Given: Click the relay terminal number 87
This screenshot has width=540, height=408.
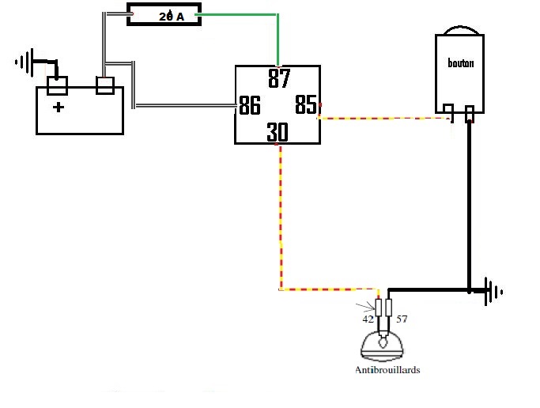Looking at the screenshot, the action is (279, 78).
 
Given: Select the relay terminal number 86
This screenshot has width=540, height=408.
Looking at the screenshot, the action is (249, 105).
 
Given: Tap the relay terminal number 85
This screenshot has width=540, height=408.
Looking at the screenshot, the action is (306, 104).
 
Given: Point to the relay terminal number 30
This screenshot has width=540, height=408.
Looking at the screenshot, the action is (278, 132).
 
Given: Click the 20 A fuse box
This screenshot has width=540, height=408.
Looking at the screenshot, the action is (164, 14).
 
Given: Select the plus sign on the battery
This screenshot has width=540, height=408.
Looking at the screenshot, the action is (59, 107).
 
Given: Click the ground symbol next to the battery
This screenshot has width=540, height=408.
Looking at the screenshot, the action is (25, 62).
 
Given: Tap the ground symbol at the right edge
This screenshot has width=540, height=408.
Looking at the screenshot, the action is (493, 292).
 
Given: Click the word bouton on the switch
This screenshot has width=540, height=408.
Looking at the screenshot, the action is (460, 62).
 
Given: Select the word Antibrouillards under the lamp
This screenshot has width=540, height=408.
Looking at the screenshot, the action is (387, 370).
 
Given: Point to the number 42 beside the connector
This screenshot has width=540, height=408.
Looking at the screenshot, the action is (368, 319).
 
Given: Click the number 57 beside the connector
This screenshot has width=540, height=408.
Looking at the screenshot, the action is (402, 319).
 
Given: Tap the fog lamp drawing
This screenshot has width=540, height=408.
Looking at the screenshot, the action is (382, 346).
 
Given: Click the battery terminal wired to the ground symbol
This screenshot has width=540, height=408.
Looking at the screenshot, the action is (57, 85).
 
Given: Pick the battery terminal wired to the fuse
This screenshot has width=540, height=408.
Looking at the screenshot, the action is (105, 85).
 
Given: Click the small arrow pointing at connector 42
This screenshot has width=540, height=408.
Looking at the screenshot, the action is (365, 306).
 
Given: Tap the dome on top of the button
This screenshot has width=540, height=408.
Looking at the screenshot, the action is (461, 30).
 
